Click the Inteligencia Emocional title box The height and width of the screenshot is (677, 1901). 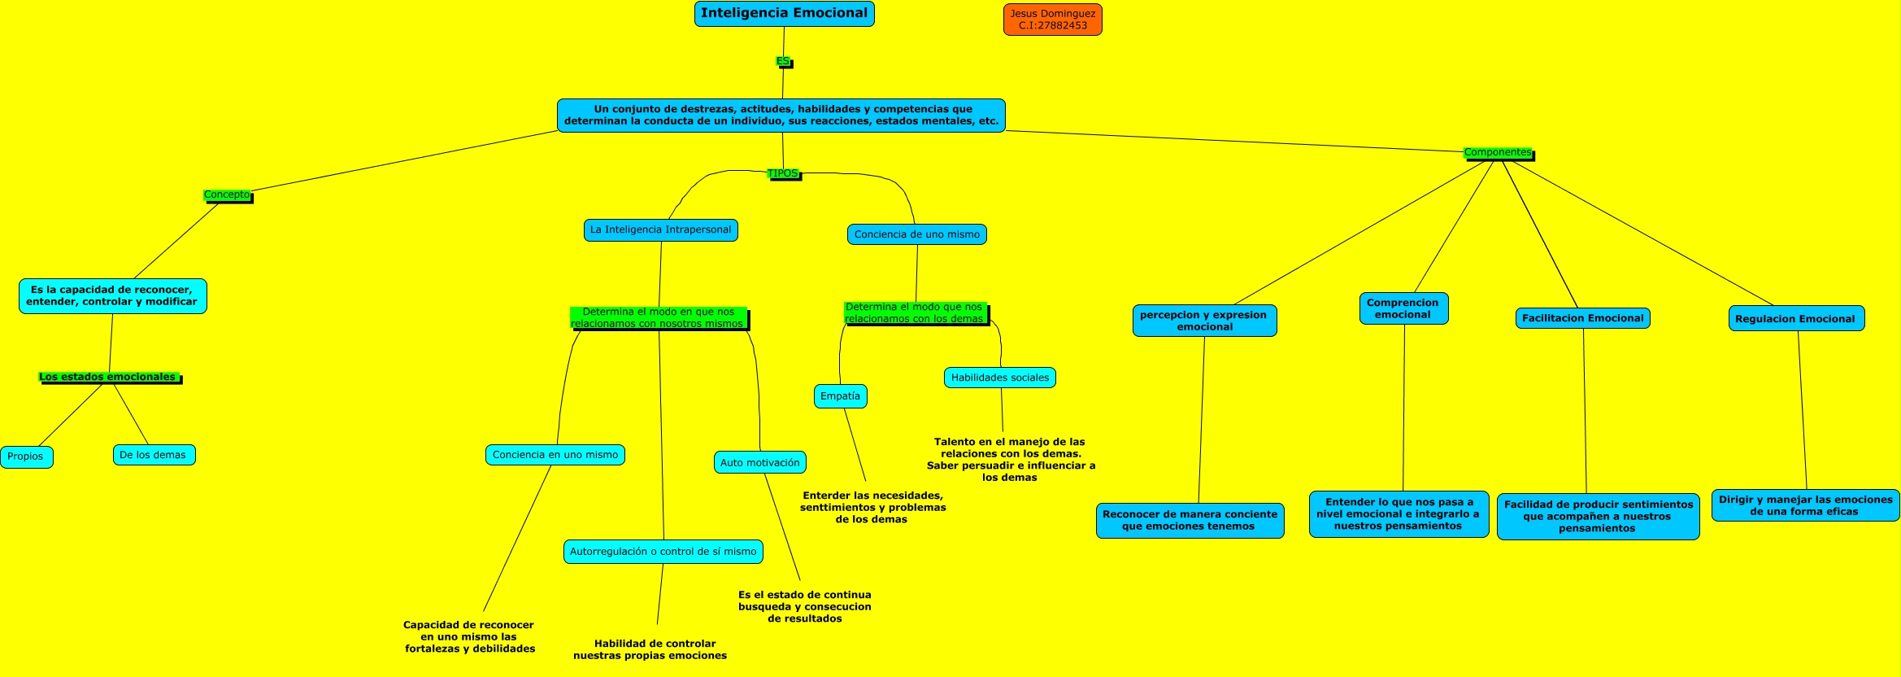(784, 14)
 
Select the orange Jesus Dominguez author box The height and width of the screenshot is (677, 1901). (1052, 20)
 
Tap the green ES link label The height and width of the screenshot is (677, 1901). (782, 61)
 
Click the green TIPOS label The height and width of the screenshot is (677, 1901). (783, 173)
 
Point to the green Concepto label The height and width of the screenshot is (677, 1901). (227, 194)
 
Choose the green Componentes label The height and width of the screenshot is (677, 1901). (1497, 152)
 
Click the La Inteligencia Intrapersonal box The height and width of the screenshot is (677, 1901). (660, 229)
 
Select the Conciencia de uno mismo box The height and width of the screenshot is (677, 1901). (916, 234)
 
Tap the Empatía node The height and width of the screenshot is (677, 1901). (840, 396)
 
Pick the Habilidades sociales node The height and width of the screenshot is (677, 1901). (999, 378)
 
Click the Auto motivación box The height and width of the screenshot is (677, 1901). (759, 462)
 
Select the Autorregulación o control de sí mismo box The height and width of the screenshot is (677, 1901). (663, 552)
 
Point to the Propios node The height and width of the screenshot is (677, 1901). (26, 456)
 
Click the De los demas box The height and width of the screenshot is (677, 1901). (153, 455)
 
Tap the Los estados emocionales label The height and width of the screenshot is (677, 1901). (108, 377)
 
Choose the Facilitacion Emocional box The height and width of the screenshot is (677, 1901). (1582, 318)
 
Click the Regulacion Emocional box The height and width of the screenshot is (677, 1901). (1795, 319)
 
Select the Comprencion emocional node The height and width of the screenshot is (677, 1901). (1403, 308)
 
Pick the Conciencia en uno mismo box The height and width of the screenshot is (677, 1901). (555, 455)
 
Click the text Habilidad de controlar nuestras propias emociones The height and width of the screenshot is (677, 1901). (650, 649)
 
